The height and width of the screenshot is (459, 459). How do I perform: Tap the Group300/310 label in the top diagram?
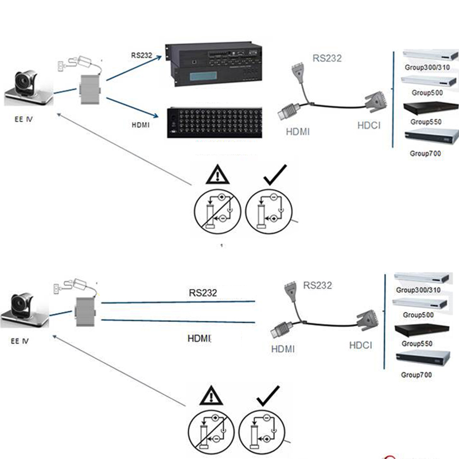pyautogui.click(x=425, y=68)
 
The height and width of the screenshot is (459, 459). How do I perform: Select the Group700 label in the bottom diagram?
pyautogui.click(x=417, y=375)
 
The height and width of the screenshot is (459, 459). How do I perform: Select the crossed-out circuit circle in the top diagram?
pyautogui.click(x=217, y=211)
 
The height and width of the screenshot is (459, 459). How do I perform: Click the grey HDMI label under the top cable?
pyautogui.click(x=297, y=131)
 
